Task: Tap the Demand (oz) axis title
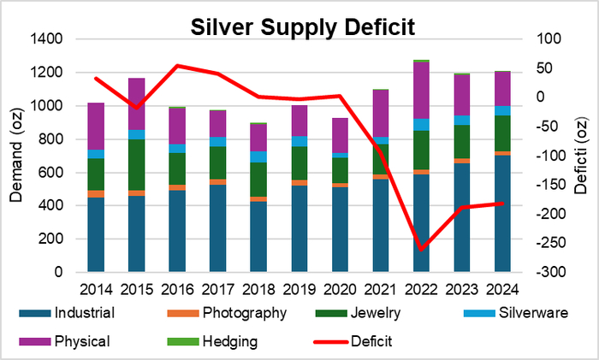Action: (16, 155)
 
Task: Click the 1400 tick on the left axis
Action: (47, 39)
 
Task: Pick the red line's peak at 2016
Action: (176, 65)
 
